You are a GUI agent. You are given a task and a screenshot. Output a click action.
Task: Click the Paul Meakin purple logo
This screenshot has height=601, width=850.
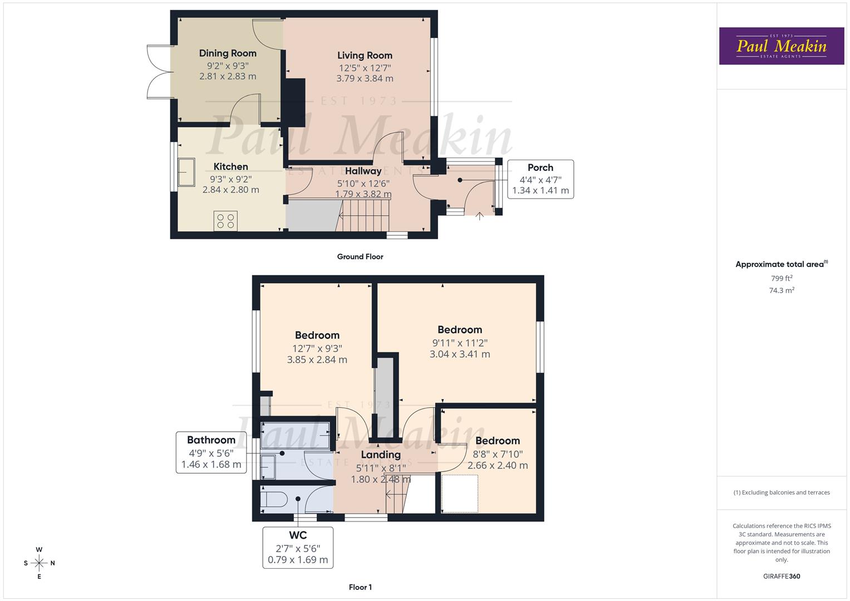point(781,46)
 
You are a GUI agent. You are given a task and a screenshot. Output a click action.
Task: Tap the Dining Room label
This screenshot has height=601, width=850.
point(228,53)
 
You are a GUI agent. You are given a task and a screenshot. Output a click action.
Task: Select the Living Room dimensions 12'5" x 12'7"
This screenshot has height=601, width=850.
point(365,68)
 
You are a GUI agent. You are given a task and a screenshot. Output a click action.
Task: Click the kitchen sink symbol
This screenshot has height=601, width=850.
point(186,172)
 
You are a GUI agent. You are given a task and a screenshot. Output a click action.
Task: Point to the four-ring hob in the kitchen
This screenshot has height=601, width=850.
point(225,221)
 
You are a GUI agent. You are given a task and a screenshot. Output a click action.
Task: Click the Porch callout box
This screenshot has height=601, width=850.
point(540,179)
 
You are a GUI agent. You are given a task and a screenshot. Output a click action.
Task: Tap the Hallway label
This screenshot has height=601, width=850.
point(363,171)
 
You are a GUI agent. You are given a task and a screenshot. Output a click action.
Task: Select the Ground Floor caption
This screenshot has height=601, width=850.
point(360,257)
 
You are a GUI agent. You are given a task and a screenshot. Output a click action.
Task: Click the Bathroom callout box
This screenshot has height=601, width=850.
point(211,452)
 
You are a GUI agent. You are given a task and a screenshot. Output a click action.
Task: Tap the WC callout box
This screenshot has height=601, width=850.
point(298,548)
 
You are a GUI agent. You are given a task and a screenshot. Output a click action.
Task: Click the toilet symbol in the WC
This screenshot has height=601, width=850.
point(274,499)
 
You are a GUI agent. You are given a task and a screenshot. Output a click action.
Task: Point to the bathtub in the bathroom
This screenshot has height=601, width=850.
point(295,435)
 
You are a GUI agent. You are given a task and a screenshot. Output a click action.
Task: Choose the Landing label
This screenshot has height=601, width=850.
point(380,455)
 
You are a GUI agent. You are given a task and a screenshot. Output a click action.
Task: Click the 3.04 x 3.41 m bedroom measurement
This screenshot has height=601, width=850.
point(460,354)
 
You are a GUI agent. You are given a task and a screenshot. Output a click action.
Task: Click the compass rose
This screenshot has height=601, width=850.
point(39,563)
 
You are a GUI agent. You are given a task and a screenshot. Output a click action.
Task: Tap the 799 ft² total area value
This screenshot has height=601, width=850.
point(781,278)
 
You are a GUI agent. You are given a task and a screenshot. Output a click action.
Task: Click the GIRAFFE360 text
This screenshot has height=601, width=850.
point(781,576)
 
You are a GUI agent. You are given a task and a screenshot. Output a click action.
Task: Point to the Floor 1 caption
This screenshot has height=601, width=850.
point(360,587)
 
